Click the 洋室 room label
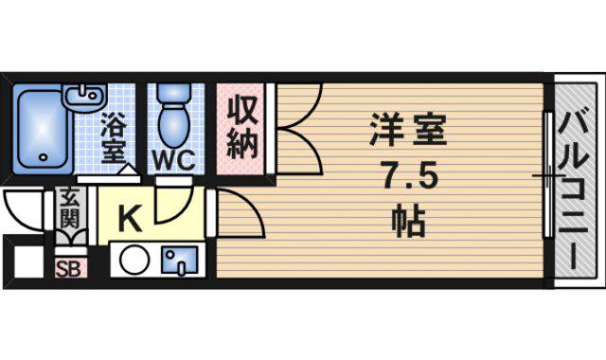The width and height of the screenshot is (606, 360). [x=408, y=130]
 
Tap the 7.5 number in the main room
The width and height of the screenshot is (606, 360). [x=409, y=175]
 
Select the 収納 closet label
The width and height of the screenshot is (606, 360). [x=242, y=128]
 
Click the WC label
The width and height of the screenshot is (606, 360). [x=173, y=159]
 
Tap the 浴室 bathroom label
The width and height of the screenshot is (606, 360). [x=114, y=137]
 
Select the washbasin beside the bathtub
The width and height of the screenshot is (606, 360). [x=84, y=96]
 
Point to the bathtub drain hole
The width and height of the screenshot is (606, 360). [x=44, y=157]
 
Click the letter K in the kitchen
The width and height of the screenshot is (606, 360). [x=130, y=219]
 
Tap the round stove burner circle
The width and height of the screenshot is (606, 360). [x=134, y=260]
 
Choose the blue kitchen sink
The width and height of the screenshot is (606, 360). [x=181, y=260]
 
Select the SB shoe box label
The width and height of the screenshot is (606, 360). [x=69, y=269]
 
